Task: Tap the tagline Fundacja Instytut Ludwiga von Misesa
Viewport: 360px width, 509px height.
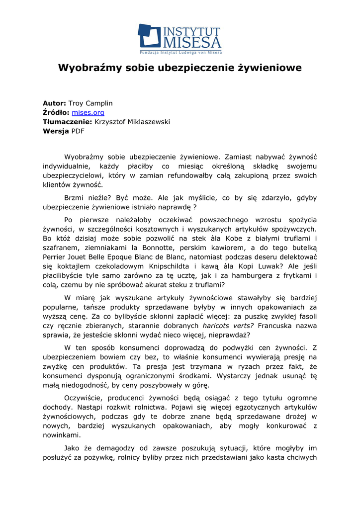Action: click(180, 52)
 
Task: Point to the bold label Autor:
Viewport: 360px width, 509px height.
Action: click(54, 103)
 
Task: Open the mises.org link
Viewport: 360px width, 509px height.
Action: click(88, 113)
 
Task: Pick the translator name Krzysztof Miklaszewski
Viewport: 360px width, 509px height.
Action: click(132, 122)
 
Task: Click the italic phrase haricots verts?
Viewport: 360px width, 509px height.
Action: click(228, 326)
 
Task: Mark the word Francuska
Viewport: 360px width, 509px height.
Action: click(278, 326)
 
